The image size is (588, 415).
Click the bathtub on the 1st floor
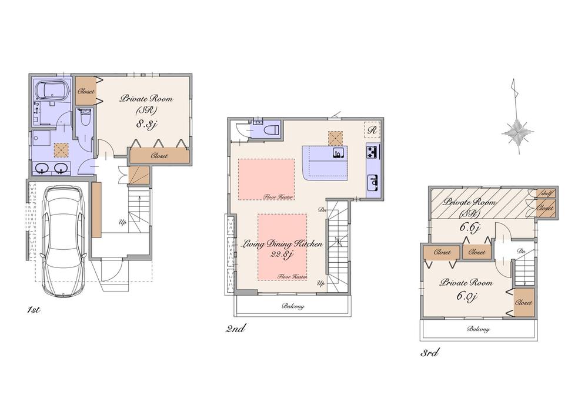51,91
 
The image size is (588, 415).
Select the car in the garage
62,240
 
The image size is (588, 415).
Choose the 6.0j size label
466,297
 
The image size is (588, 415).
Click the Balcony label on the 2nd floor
293,306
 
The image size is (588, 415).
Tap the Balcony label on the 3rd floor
478,329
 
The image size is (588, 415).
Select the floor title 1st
33,309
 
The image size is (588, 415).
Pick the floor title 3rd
429,353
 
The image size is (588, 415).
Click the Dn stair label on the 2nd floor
322,209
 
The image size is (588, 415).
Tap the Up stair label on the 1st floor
122,223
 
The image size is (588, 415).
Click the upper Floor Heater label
278,198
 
